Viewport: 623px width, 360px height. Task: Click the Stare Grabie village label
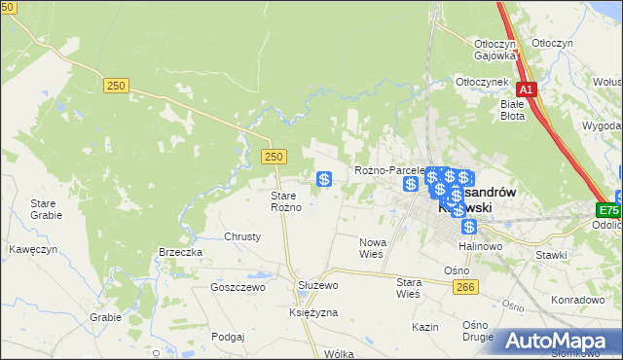pos(46,209)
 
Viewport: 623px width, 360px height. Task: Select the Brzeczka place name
pos(180,252)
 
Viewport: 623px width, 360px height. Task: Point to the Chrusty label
pos(242,236)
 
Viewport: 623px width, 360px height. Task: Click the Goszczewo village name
pos(238,288)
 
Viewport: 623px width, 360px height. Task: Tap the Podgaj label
pos(226,336)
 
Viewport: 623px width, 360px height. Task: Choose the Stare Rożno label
pos(290,201)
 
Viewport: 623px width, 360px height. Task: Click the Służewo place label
pos(316,285)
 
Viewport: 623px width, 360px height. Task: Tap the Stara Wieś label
pos(407,287)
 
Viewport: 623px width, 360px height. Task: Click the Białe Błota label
pos(512,109)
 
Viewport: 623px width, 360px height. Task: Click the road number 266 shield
pos(464,285)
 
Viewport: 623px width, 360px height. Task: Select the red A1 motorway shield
pos(526,90)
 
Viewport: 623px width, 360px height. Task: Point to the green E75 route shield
pos(609,209)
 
